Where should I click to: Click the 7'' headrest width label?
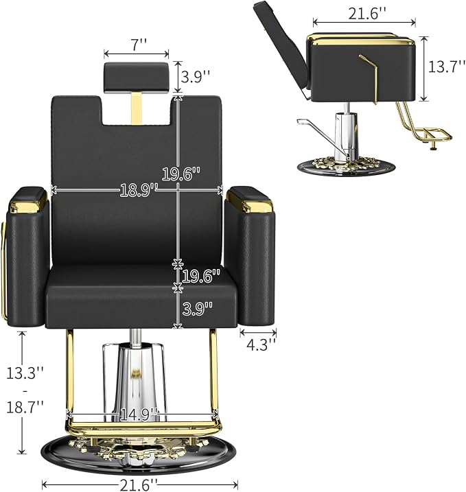[x=137, y=45]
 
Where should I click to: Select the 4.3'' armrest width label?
[x=258, y=345]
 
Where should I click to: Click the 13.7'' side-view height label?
[x=447, y=67]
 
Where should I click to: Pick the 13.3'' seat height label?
[x=25, y=373]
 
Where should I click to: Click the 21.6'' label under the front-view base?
[x=139, y=484]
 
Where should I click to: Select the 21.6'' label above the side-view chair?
[x=367, y=14]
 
